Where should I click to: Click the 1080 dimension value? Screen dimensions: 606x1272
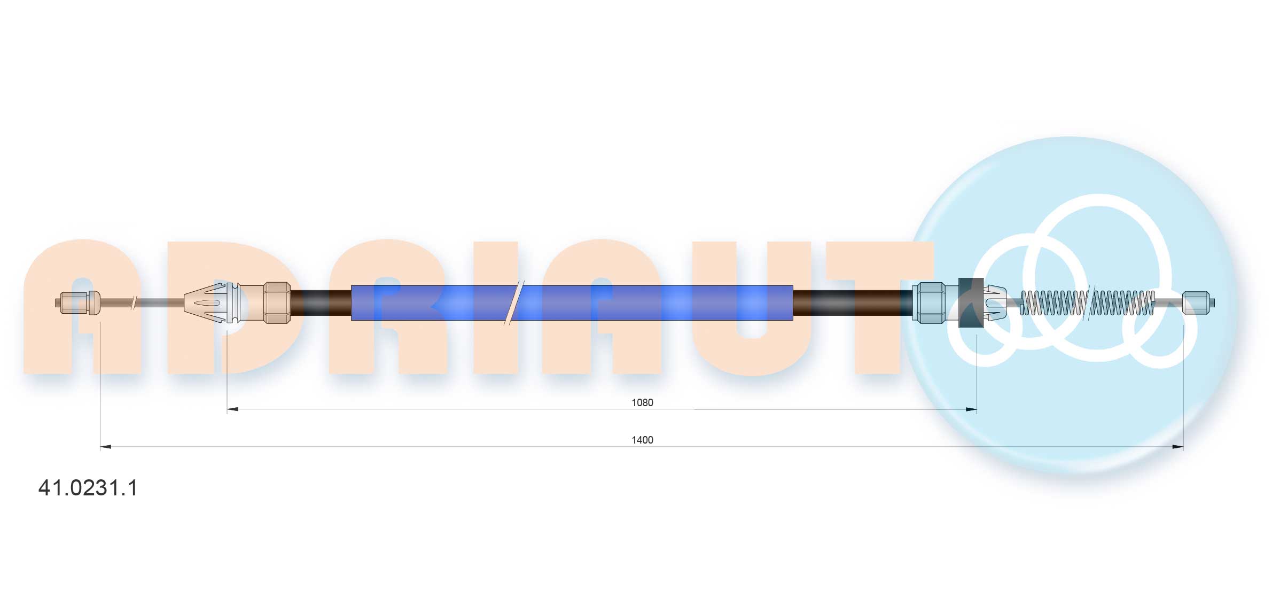(x=642, y=402)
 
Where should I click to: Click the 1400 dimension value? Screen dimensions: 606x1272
(x=642, y=440)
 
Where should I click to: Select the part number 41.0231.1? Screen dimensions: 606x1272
(x=88, y=488)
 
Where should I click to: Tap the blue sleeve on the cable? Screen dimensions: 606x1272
(x=572, y=302)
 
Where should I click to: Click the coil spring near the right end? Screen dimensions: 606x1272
(x=1087, y=302)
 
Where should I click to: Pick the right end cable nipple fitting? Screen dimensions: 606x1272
(x=1197, y=302)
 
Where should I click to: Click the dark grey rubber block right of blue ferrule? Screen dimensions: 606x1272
(x=971, y=302)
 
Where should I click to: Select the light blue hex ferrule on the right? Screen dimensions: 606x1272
(x=928, y=302)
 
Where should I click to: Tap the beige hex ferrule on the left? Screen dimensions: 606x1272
(x=277, y=302)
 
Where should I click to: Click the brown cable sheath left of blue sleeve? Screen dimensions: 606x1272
(x=321, y=302)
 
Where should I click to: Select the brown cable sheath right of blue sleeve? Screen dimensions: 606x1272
(x=852, y=302)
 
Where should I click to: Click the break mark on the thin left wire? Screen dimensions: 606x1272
(x=134, y=302)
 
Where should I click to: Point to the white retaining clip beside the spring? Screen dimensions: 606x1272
(x=995, y=302)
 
